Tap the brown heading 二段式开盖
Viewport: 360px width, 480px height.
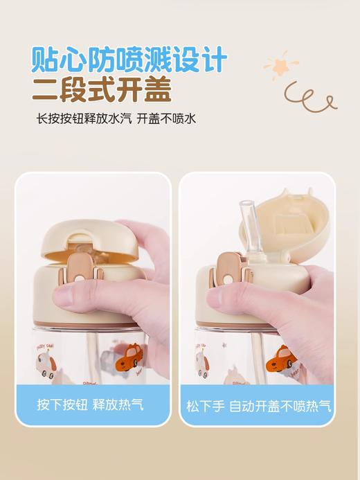[x=102, y=89]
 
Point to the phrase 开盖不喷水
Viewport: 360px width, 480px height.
[x=166, y=118]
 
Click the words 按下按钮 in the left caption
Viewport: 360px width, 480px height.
[x=60, y=404]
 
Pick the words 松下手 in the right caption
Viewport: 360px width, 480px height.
[x=205, y=405]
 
